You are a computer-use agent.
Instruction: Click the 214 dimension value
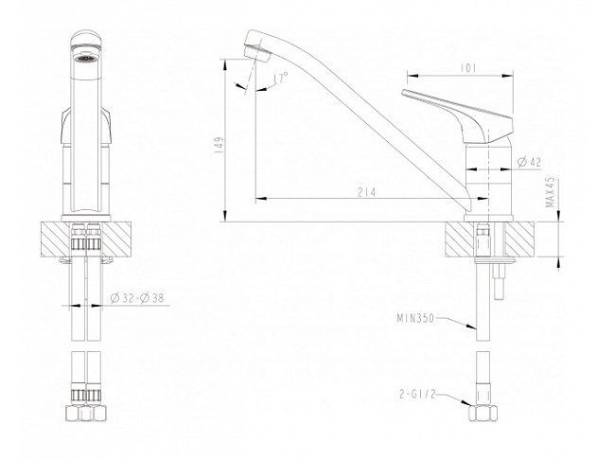click(x=366, y=192)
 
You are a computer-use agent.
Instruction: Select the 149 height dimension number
click(x=219, y=145)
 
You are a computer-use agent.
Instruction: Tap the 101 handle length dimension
click(x=468, y=68)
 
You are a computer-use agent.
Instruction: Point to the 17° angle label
click(x=281, y=79)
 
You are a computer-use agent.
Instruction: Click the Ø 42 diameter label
click(x=529, y=162)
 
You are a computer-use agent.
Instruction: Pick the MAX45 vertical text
click(x=551, y=192)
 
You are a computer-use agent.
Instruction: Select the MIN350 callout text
click(x=415, y=318)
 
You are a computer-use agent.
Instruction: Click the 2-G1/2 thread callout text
click(x=417, y=394)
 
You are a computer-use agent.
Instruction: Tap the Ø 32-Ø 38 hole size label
click(x=137, y=298)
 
